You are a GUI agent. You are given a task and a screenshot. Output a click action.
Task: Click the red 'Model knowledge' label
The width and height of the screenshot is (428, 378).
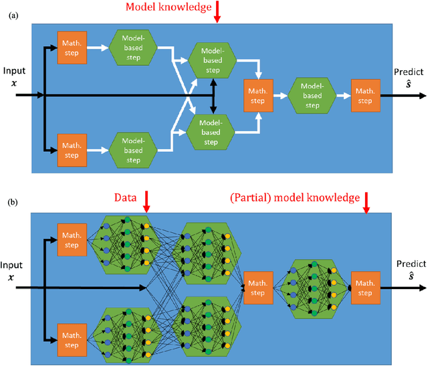point(169,7)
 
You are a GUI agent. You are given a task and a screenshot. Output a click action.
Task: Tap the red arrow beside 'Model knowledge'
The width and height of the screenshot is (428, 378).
point(217,12)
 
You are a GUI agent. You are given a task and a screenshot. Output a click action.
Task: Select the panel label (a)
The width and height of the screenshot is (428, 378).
point(13,15)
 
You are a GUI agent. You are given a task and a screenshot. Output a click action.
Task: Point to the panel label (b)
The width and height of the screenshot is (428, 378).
point(13,202)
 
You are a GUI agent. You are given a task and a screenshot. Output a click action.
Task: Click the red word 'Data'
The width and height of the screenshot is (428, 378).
point(125,197)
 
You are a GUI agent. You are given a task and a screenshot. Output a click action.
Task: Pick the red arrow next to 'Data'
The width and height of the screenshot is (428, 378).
point(146,201)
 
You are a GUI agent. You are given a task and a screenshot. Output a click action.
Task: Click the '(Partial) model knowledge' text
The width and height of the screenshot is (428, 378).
point(295,198)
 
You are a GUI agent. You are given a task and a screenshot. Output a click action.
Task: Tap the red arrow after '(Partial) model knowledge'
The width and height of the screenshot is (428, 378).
point(366,203)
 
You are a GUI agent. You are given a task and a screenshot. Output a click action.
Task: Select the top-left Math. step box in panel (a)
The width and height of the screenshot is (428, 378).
point(72,48)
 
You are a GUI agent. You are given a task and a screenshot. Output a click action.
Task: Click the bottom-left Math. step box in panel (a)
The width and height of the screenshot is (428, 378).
point(72,151)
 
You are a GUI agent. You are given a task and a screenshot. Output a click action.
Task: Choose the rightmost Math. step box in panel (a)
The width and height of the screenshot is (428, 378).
point(366,96)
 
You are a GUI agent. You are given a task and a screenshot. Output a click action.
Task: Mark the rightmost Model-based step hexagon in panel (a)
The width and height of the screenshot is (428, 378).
point(312,96)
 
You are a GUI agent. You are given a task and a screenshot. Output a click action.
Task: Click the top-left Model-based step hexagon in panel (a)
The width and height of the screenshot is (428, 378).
point(133,48)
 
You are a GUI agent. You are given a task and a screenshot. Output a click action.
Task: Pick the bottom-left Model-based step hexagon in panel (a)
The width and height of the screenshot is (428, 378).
point(133,151)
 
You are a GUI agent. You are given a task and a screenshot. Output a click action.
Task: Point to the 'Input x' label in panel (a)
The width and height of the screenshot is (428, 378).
point(14,76)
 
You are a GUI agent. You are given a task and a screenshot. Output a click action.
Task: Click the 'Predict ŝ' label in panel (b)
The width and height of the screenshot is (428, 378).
point(411,270)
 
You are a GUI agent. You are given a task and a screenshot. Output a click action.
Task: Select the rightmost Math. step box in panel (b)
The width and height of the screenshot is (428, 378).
point(366,288)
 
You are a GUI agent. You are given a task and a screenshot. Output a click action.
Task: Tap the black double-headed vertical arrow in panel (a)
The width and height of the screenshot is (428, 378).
point(213,96)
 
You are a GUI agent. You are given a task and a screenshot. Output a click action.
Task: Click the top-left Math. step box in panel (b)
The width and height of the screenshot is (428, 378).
point(72,240)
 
